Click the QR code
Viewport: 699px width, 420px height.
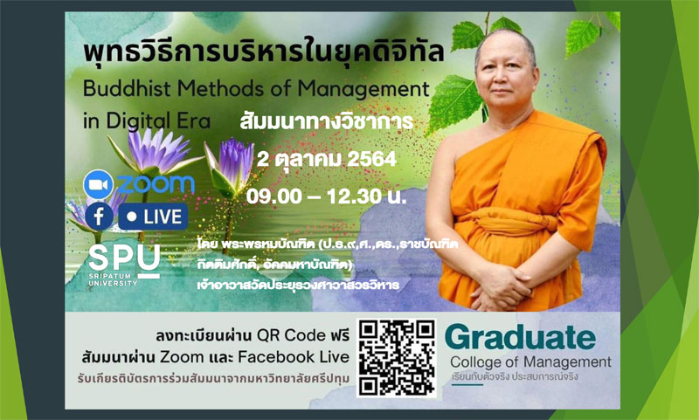(397, 358)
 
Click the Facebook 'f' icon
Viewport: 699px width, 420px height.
(100, 215)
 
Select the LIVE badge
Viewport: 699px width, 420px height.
(154, 215)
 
